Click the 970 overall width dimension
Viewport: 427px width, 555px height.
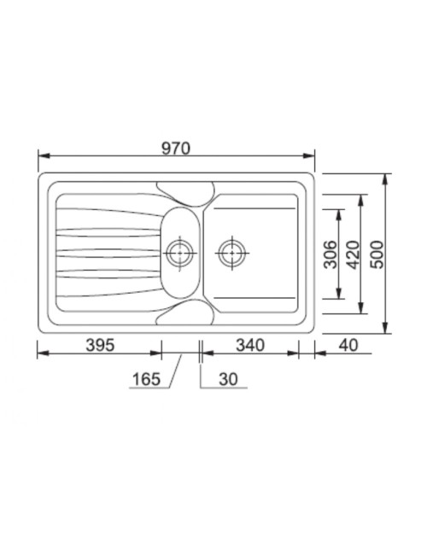coord(176,149)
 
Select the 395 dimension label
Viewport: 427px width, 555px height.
coord(100,345)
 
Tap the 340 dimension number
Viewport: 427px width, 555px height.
coord(250,345)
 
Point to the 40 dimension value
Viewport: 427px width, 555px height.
coord(348,345)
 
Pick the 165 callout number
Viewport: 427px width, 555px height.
coord(146,379)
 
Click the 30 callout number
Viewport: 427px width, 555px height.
coord(228,379)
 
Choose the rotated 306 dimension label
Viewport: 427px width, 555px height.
coord(331,254)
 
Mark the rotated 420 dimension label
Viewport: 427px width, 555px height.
coord(353,254)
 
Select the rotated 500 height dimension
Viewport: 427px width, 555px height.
coord(377,254)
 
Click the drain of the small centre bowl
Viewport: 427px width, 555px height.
coord(180,253)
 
